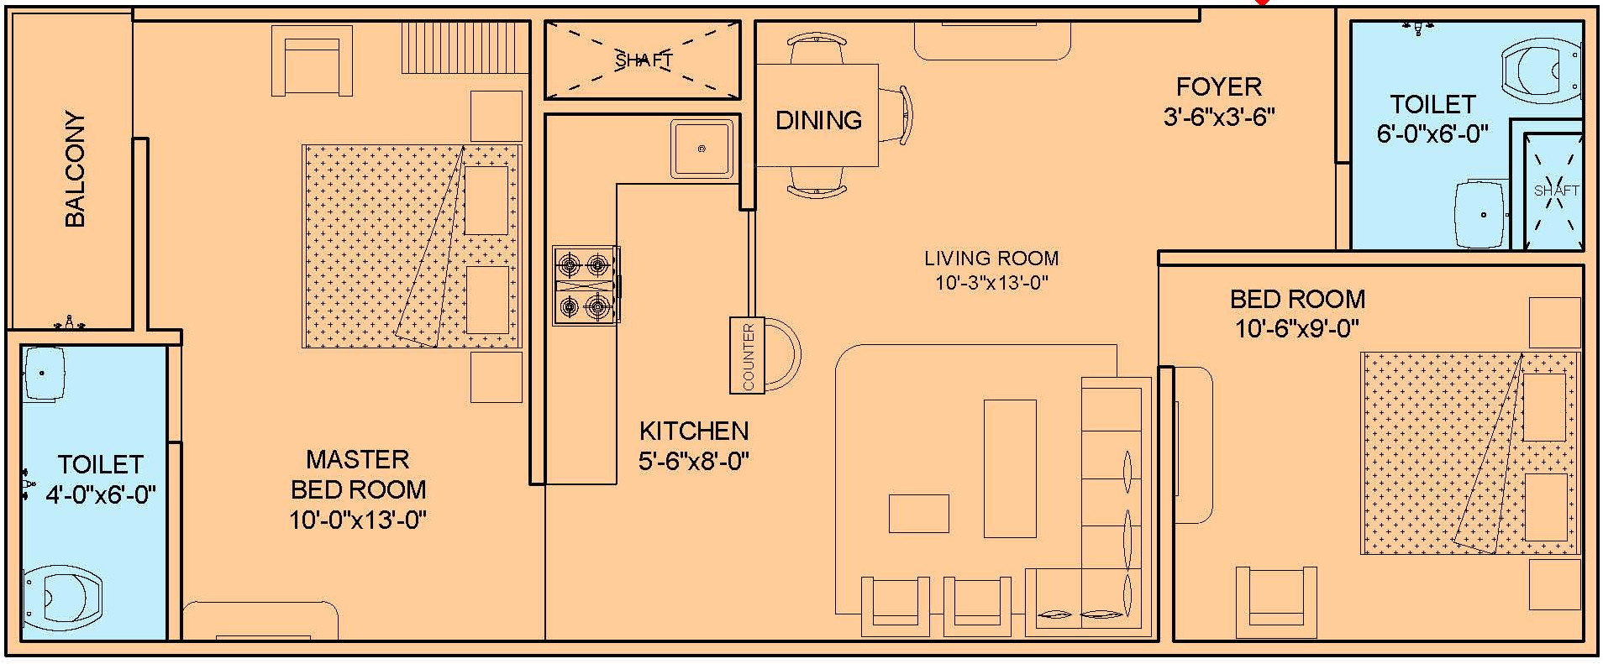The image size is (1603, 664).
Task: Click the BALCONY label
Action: pyautogui.click(x=75, y=169)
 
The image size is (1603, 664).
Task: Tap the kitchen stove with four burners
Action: pyautogui.click(x=586, y=285)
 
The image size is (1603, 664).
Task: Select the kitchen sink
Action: pyautogui.click(x=702, y=149)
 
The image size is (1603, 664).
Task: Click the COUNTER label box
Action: pyautogui.click(x=748, y=355)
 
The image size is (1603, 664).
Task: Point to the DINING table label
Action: pyautogui.click(x=818, y=120)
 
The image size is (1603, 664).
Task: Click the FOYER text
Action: pyautogui.click(x=1218, y=86)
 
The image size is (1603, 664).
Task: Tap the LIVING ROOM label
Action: pyautogui.click(x=991, y=258)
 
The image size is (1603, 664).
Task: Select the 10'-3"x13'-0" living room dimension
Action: pyautogui.click(x=991, y=283)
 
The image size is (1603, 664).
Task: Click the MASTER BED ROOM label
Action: pyautogui.click(x=358, y=474)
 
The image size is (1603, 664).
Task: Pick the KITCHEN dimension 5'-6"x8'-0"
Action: pyautogui.click(x=693, y=461)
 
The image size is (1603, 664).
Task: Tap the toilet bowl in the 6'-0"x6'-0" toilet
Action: pyautogui.click(x=1543, y=70)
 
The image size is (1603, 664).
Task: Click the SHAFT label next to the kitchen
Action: pyautogui.click(x=644, y=60)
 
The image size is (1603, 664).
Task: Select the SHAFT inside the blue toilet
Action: pyautogui.click(x=1556, y=191)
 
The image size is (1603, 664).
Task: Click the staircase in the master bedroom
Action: pyautogui.click(x=464, y=49)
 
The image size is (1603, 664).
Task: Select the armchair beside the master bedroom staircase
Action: pyautogui.click(x=312, y=61)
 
